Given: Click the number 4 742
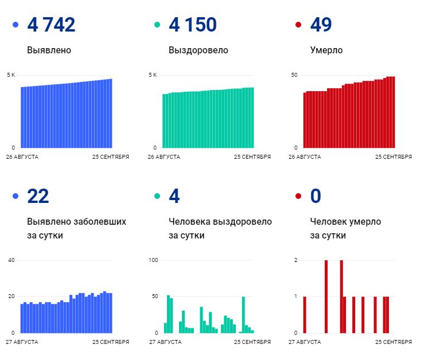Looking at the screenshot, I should pos(51,25).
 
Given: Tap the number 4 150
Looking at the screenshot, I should pos(193,25).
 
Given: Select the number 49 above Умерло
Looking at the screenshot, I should pos(321,25).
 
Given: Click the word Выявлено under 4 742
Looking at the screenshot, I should pos(49,50).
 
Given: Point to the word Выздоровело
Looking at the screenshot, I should pos(198,50).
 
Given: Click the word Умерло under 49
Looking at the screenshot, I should pos(326,50).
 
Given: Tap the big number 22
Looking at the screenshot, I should pos(38,196).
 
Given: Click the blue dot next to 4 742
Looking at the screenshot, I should pos(15,25).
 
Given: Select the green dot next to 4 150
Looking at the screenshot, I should pos(157,25).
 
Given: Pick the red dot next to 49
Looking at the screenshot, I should pos(298,25).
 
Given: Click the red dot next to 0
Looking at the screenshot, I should pos(298,197).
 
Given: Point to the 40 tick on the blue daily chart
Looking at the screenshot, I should pos(11,260).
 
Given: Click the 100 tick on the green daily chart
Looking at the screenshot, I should pos(153,260).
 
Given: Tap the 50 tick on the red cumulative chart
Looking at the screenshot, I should pos(294,75).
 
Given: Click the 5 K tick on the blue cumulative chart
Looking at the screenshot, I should pos(11,75).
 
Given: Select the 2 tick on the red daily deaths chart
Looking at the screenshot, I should pos(295,260).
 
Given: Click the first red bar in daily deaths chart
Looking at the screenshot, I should pos(305,314).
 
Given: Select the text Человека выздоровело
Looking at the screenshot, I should pos(220,222).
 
